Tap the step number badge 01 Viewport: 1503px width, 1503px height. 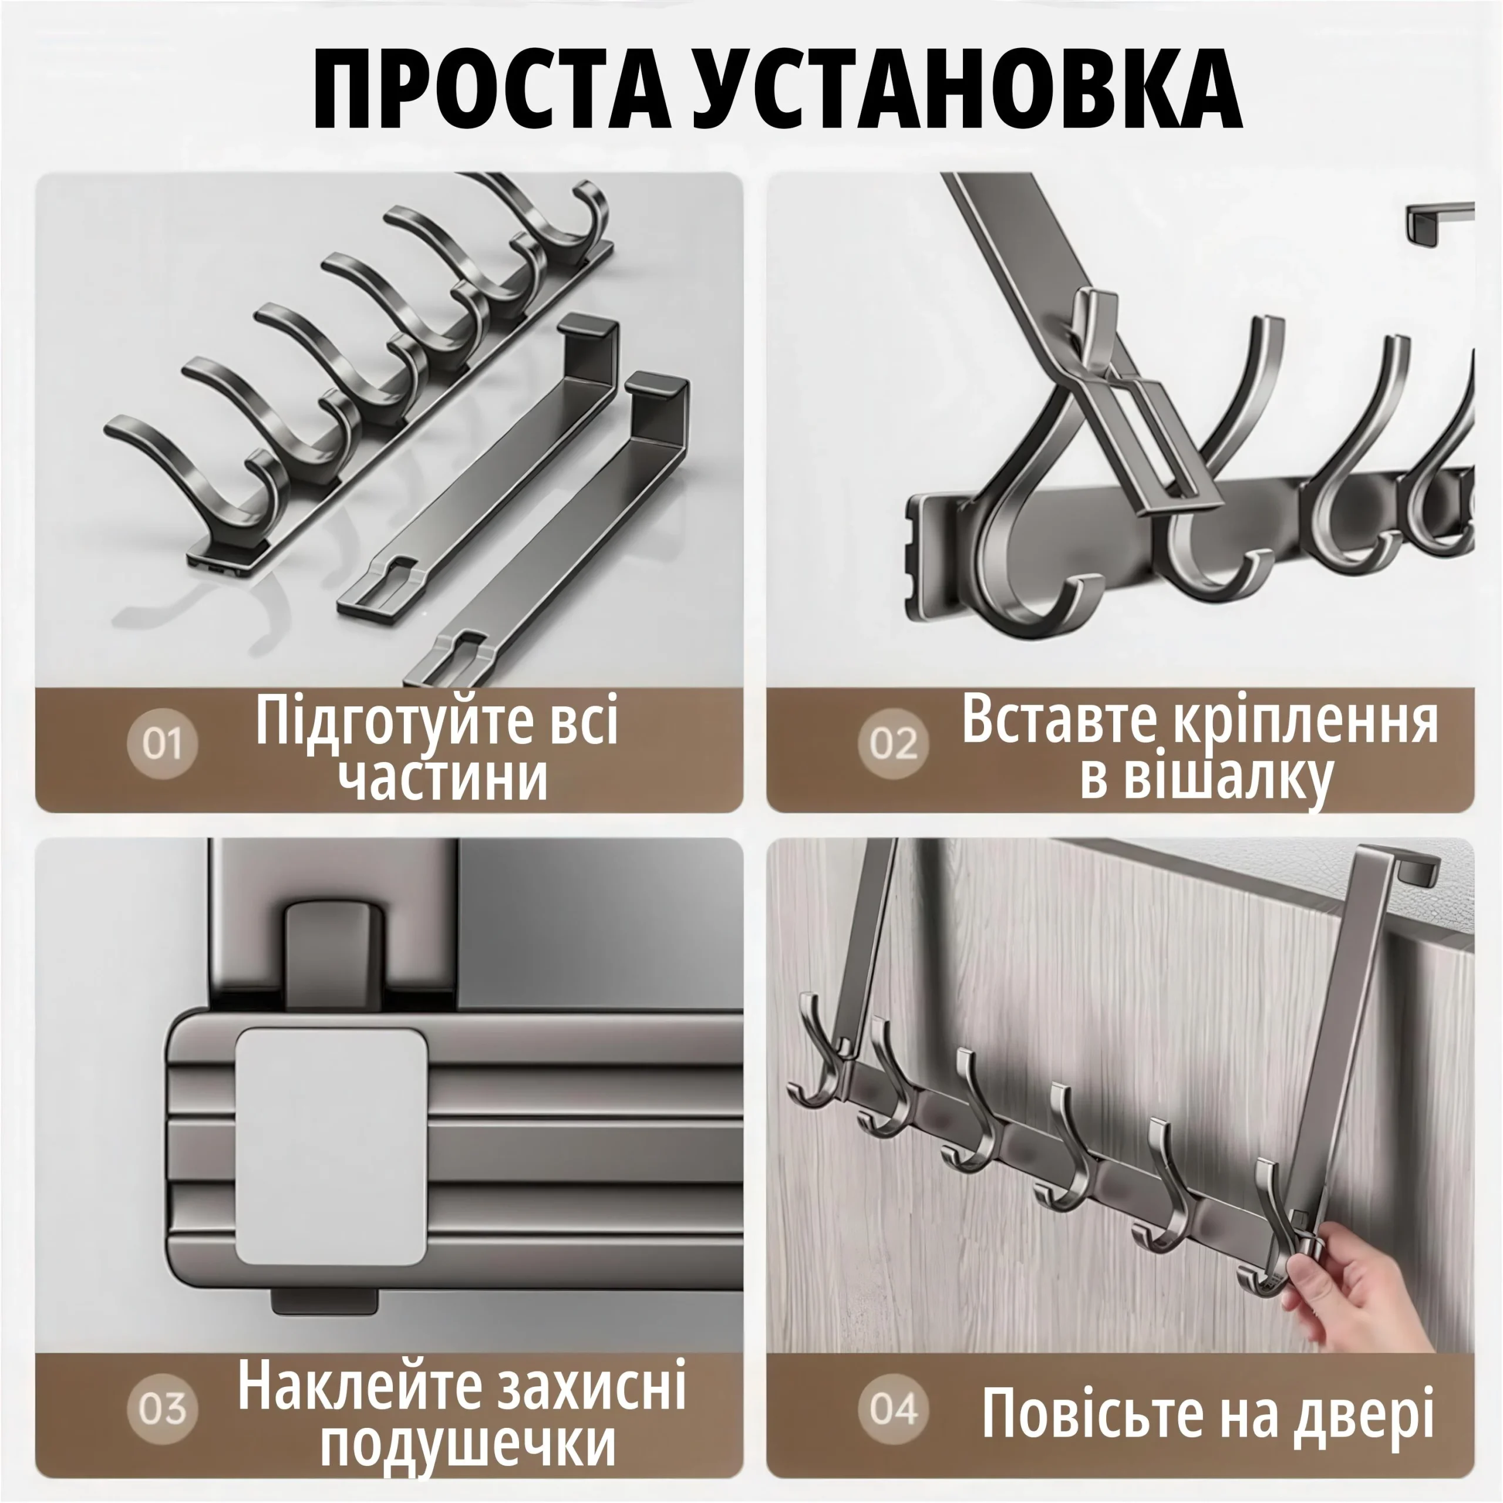(x=162, y=744)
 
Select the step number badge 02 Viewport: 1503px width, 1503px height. (x=894, y=744)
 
